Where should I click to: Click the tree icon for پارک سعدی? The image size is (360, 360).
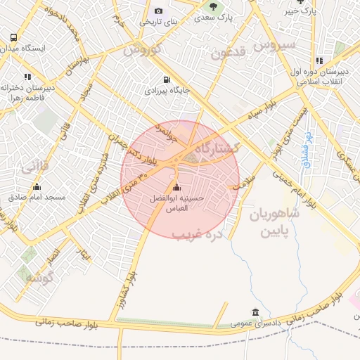click(212, 6)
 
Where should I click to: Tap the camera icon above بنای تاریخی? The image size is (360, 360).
click(158, 11)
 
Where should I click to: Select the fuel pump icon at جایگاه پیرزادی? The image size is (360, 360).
click(167, 79)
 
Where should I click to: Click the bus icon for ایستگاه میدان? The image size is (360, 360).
click(13, 37)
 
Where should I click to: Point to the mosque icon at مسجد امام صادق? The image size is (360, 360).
click(37, 187)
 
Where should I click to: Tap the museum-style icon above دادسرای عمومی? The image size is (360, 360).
click(255, 313)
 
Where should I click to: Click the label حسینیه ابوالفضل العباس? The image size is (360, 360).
click(177, 203)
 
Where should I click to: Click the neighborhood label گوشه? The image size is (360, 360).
click(39, 278)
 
